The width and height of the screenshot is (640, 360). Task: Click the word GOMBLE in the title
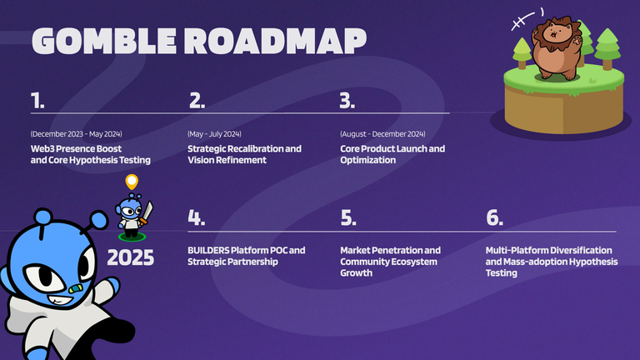pos(104,41)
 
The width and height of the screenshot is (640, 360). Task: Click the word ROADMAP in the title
pos(276,41)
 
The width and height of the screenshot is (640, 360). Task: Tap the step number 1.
pos(37,100)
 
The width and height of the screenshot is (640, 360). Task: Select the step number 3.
pos(347,100)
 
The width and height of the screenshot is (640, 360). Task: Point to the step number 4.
pos(197,217)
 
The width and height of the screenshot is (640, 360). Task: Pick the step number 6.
pos(495,217)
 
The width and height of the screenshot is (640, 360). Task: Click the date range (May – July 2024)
pos(214,134)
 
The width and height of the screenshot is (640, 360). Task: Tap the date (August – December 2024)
pos(382,134)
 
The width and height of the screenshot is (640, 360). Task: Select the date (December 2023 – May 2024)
pos(77,134)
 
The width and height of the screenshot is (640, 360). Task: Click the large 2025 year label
pos(131,258)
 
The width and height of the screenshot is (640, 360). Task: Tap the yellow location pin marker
pos(132,182)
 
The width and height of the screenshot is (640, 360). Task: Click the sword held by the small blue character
pos(147,213)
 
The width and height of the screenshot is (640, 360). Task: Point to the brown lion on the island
pos(557,47)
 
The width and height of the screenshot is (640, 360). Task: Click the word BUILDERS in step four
pos(208,250)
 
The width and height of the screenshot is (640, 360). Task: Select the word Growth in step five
pos(357,273)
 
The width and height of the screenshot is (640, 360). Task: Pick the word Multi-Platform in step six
pos(516,250)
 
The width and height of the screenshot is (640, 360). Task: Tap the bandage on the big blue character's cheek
pos(76,289)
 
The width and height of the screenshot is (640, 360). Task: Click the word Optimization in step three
pos(368,160)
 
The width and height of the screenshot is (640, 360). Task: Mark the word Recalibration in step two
pos(255,148)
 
